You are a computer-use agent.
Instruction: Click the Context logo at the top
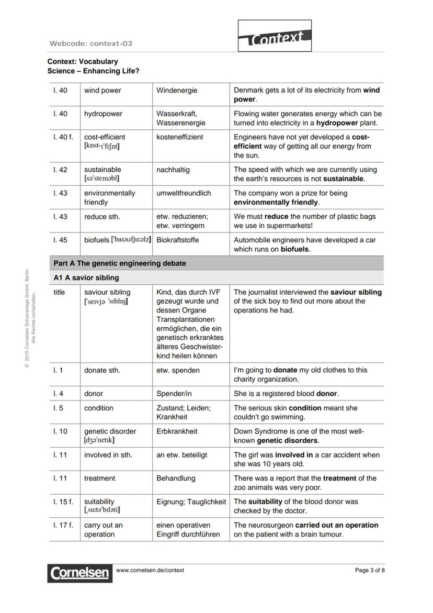[275, 36]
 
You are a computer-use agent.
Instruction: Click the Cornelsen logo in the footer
[80, 573]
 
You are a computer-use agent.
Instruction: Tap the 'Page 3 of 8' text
[369, 570]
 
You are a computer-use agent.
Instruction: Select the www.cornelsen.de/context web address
[150, 570]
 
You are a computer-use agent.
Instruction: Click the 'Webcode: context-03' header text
[90, 43]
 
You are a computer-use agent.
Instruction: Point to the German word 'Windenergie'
[177, 91]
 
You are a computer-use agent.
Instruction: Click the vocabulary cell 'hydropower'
[103, 114]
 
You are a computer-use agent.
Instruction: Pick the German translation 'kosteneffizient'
[179, 137]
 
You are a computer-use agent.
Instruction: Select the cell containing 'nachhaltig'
[173, 170]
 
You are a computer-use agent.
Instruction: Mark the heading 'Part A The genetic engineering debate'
[120, 263]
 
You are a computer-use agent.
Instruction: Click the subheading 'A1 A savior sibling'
[86, 277]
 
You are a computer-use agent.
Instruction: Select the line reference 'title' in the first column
[59, 292]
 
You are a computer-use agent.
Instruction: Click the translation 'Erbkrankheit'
[177, 431]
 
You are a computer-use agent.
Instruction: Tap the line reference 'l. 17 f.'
[63, 525]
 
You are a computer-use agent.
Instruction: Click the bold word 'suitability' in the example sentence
[265, 501]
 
